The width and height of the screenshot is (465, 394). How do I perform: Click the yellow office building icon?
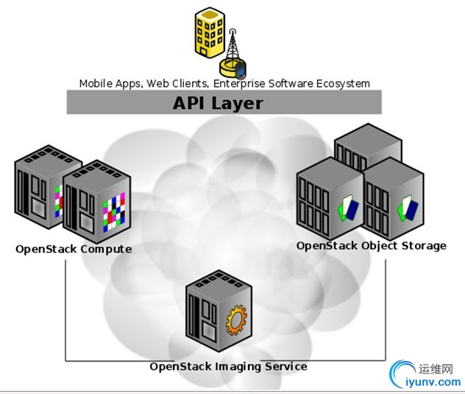[209, 32]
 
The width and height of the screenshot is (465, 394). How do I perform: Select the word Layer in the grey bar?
[237, 102]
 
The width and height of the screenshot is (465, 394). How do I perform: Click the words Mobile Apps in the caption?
[110, 83]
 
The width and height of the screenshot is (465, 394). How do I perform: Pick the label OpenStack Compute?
[74, 249]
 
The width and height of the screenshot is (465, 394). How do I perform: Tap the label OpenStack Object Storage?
[371, 245]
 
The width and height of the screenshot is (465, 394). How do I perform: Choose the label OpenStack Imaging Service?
[228, 366]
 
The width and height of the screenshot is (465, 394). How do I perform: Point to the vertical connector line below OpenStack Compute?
[65, 309]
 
